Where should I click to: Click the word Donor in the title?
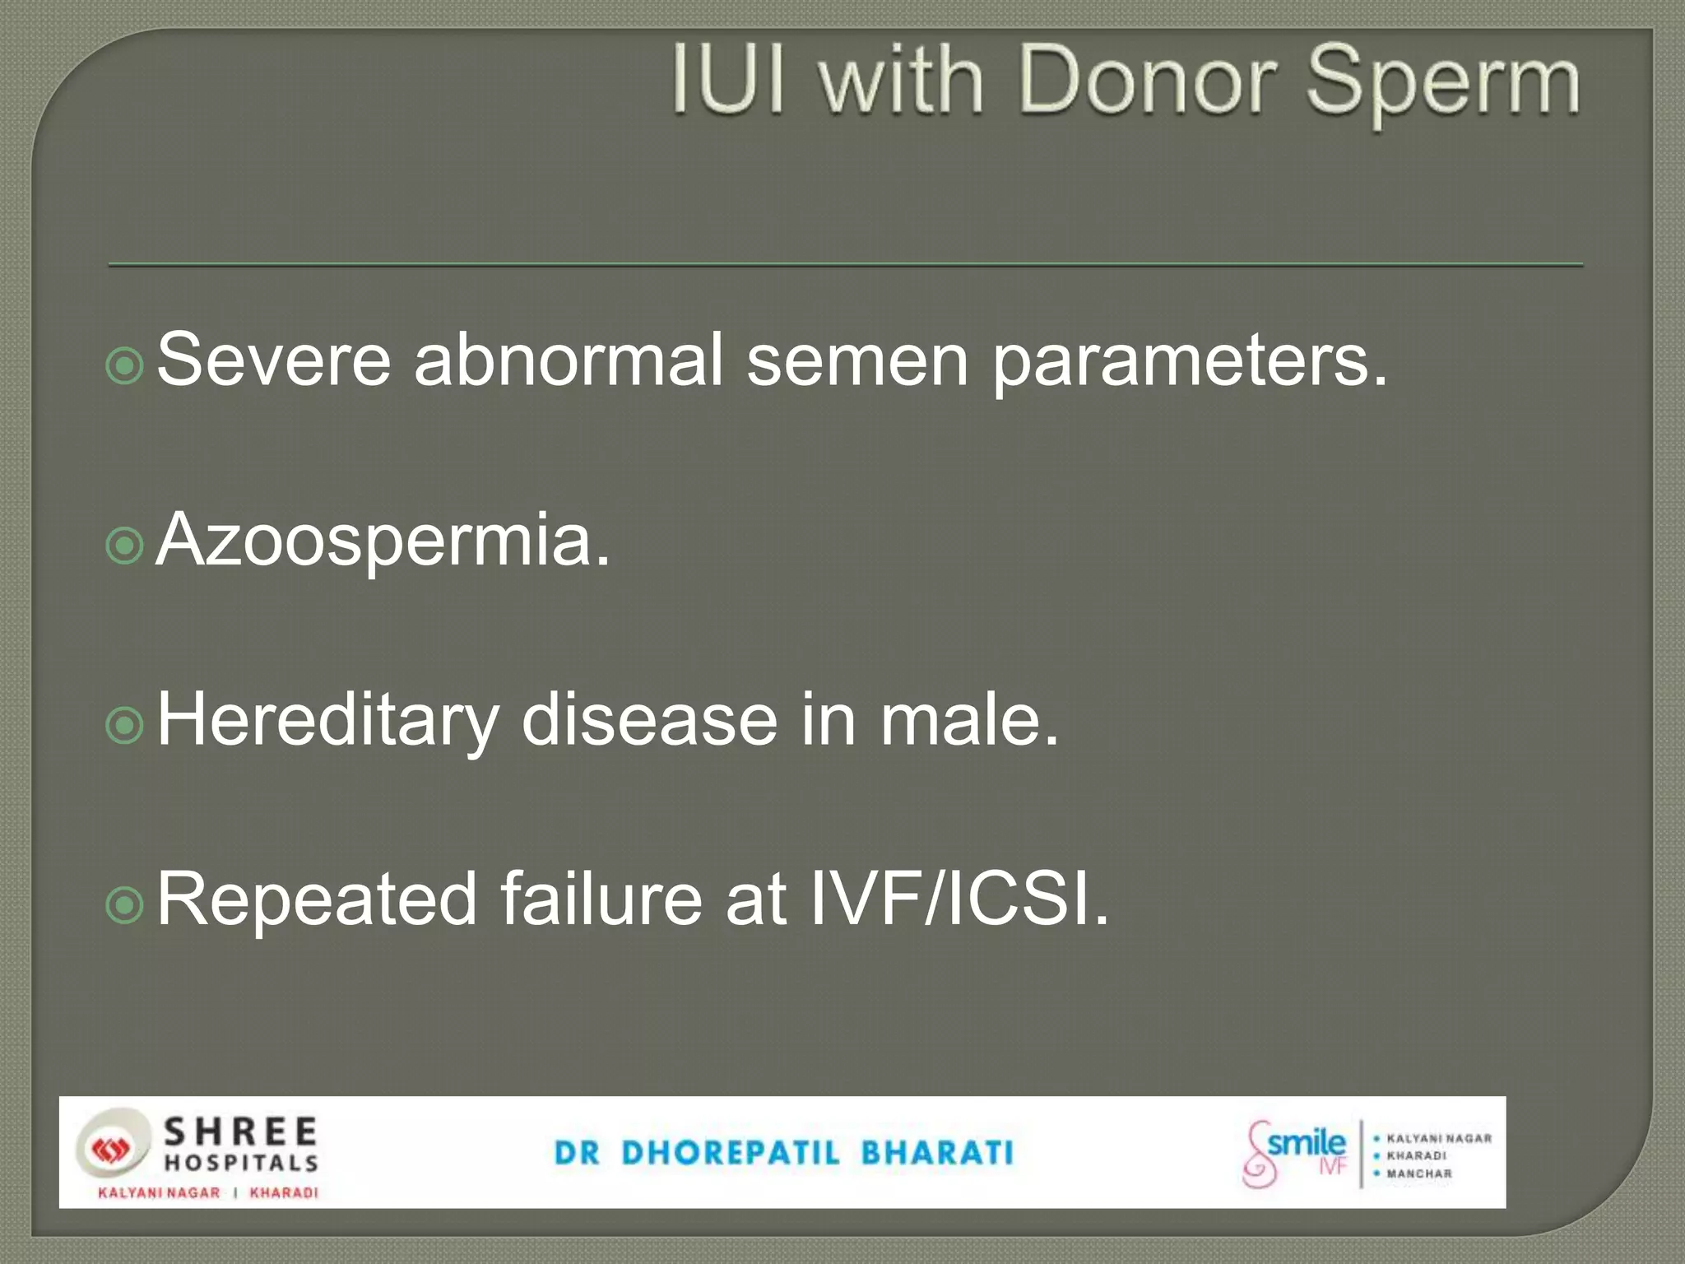click(1148, 81)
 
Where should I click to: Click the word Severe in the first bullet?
click(273, 359)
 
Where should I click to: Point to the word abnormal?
click(568, 359)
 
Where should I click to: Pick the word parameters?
click(1190, 362)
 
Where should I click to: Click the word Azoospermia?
click(383, 541)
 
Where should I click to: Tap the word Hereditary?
click(327, 721)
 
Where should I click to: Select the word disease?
click(649, 719)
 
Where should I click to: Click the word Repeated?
click(317, 899)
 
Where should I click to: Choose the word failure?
click(601, 899)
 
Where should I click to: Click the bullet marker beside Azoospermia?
click(125, 545)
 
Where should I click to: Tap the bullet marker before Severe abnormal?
click(125, 365)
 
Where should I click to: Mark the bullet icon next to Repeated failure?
click(125, 904)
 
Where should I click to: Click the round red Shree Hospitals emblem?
click(111, 1150)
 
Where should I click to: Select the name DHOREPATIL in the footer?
click(731, 1153)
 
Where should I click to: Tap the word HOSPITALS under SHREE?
click(241, 1163)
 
